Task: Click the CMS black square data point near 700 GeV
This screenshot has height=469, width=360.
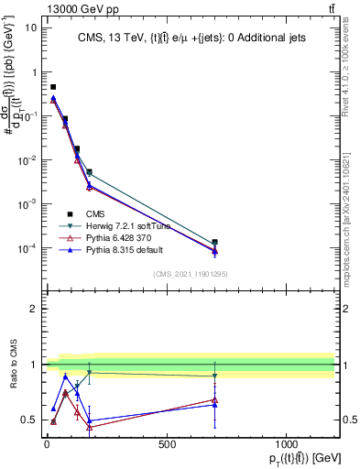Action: [214, 243]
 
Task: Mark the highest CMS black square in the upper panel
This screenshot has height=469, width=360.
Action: [53, 87]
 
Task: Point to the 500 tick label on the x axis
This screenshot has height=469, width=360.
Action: [167, 444]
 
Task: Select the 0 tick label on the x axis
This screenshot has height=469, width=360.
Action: [47, 444]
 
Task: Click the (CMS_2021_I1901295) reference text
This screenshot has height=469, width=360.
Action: [190, 274]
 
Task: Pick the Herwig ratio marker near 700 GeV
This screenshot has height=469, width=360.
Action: [214, 376]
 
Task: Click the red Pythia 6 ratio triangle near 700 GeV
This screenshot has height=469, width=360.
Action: [214, 399]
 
